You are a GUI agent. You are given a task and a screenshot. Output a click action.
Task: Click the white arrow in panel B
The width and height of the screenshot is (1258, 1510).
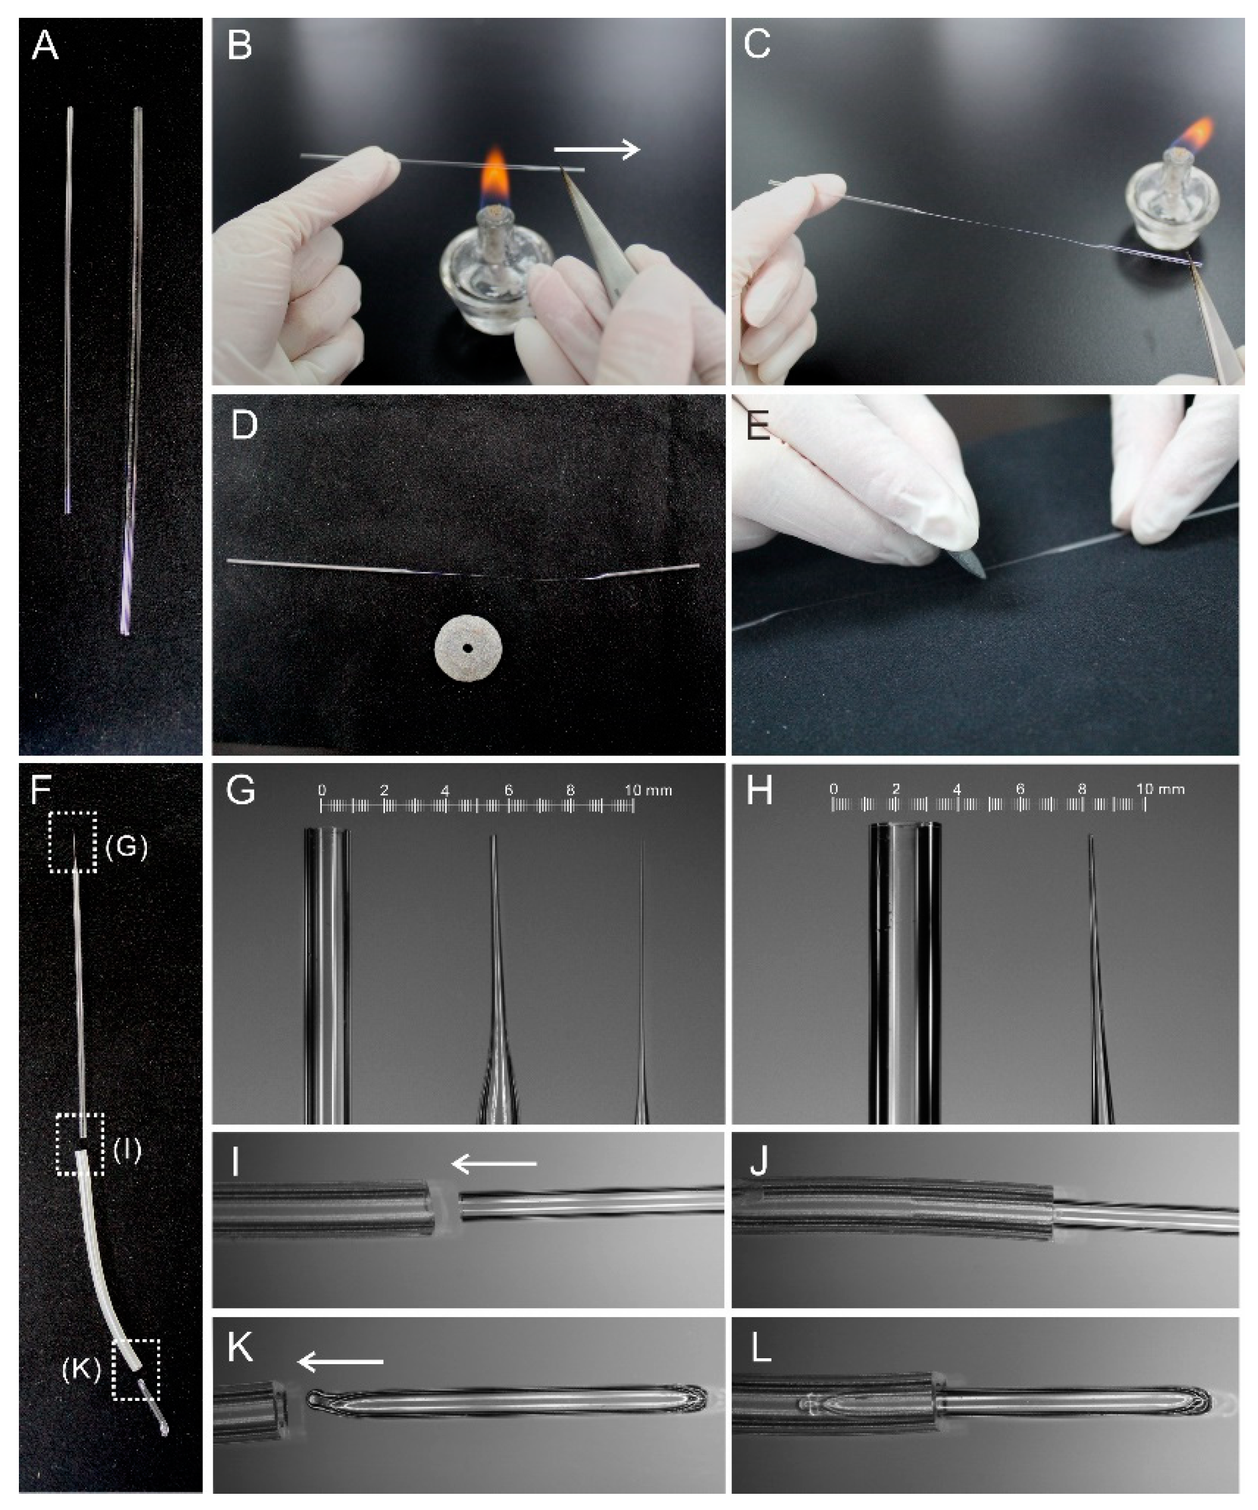(x=597, y=150)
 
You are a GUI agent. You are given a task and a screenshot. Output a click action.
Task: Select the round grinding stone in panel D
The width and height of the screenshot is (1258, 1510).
(x=469, y=649)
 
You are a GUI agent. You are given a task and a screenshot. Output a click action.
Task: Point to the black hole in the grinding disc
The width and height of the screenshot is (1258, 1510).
(x=468, y=649)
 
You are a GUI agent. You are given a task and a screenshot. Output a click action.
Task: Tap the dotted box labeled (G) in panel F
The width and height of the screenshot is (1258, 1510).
(x=72, y=842)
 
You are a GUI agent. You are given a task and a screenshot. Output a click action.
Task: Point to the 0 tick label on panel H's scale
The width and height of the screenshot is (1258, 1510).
(x=833, y=789)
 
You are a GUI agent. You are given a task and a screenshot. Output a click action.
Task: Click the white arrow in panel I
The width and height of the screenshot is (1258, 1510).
(x=494, y=1163)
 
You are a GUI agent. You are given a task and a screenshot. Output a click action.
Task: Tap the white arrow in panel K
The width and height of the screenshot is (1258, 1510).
(x=340, y=1361)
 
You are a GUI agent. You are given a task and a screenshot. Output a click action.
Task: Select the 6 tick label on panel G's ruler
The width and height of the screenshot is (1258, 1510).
(x=508, y=790)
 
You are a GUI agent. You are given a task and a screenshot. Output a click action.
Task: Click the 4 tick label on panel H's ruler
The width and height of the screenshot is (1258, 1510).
(x=957, y=789)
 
